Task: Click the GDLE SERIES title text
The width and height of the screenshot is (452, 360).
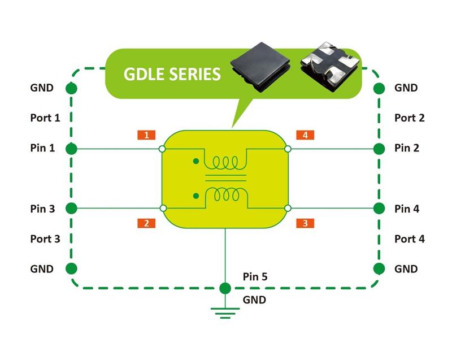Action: (x=172, y=74)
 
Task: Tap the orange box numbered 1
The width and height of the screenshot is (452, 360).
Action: (x=146, y=135)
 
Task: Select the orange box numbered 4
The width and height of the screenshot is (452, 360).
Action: (x=305, y=135)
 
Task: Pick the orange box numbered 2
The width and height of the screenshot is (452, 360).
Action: (x=146, y=223)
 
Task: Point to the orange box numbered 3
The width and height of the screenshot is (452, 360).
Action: (x=305, y=223)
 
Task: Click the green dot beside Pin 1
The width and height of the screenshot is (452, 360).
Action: (x=71, y=149)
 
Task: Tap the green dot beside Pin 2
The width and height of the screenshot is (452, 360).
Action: (x=379, y=149)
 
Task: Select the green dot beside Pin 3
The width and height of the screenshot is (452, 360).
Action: (x=71, y=209)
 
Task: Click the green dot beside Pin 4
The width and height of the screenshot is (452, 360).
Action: (x=379, y=209)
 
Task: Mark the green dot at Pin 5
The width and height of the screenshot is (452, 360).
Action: (x=225, y=288)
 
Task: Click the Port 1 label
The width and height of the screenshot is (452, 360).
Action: (x=45, y=118)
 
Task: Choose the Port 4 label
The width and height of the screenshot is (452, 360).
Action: (x=409, y=239)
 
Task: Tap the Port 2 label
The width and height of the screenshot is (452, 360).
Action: (x=409, y=118)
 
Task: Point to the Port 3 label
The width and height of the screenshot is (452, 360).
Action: (x=45, y=239)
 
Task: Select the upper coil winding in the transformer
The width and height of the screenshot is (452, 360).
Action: (x=225, y=163)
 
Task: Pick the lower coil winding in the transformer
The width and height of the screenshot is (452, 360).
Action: (x=225, y=194)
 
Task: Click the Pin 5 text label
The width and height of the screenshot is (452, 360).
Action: (x=255, y=277)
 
